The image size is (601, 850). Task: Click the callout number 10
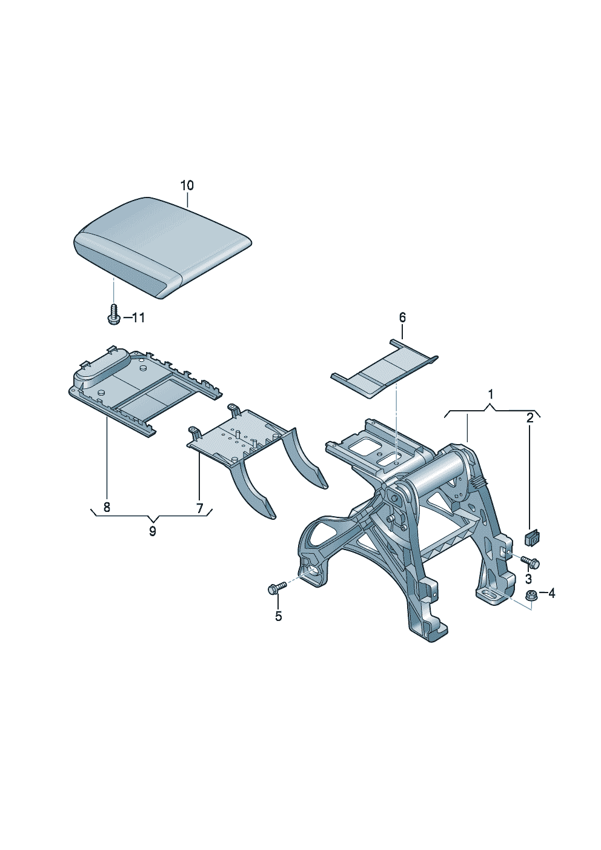point(187,186)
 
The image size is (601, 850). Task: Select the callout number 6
point(402,317)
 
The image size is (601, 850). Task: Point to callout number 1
point(490,394)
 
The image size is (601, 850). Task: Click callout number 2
point(530,418)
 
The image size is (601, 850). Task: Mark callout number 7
point(199,507)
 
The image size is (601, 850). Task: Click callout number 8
point(107,507)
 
